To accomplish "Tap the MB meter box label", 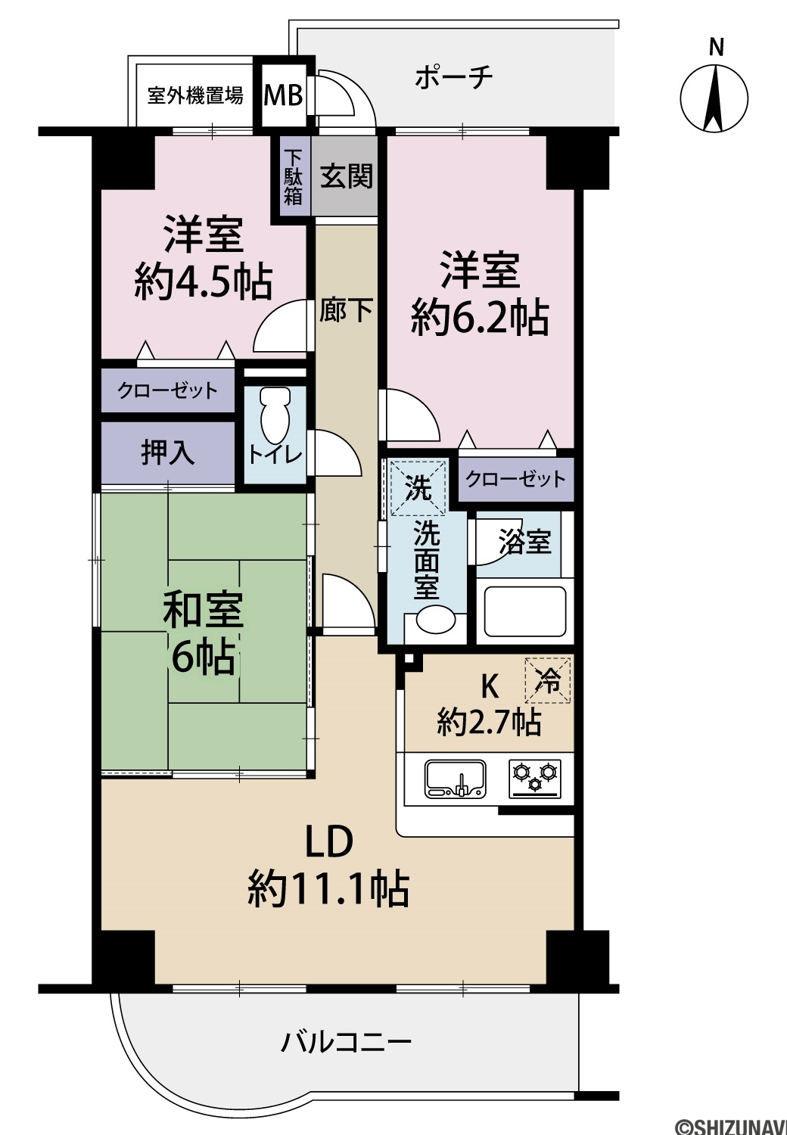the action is pyautogui.click(x=283, y=95).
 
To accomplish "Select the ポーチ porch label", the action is pyautogui.click(x=453, y=77).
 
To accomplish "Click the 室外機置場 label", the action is pyautogui.click(x=195, y=95).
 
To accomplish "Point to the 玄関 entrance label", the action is pyautogui.click(x=347, y=176).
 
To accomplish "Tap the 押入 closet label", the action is pyautogui.click(x=168, y=452).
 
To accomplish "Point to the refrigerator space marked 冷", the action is pyautogui.click(x=547, y=680).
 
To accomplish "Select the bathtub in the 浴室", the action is pyautogui.click(x=524, y=611).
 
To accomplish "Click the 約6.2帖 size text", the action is pyautogui.click(x=480, y=318).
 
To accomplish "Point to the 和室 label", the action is pyautogui.click(x=204, y=610).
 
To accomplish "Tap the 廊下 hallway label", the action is pyautogui.click(x=346, y=309).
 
